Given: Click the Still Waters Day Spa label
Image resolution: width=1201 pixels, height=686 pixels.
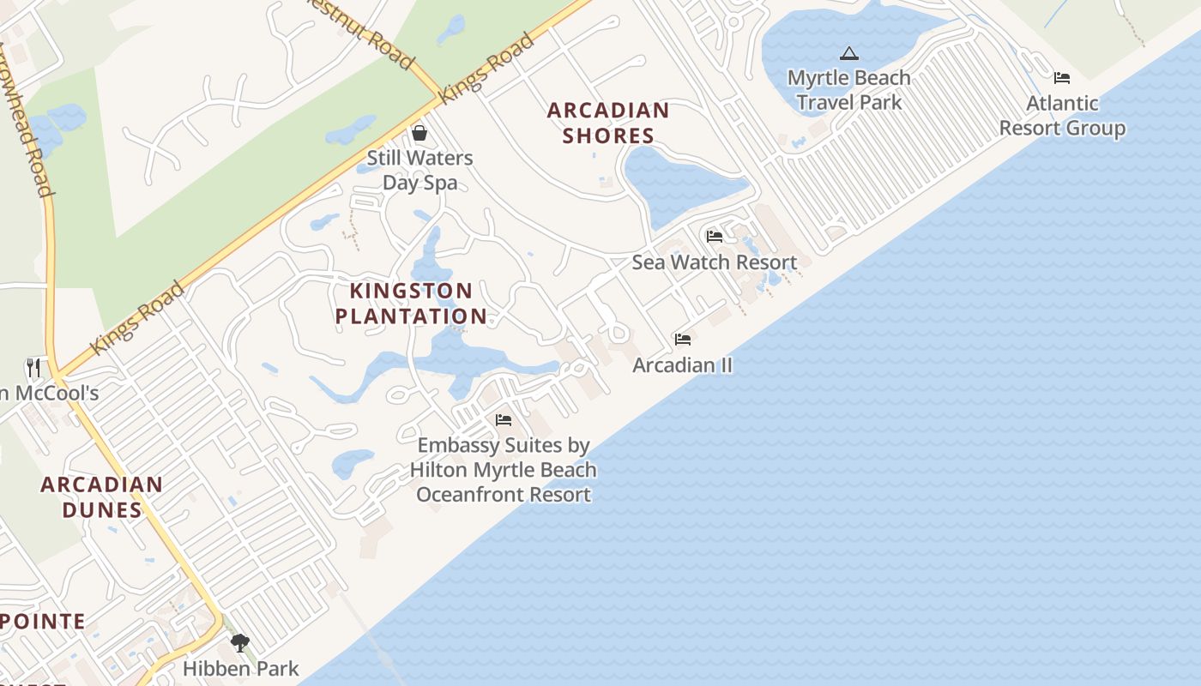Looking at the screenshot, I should (419, 170).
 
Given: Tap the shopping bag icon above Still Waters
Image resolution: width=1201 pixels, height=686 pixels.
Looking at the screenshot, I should (419, 133).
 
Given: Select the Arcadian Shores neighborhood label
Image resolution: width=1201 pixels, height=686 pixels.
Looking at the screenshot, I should (608, 123).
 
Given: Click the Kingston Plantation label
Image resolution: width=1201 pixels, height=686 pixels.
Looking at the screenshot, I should (411, 304).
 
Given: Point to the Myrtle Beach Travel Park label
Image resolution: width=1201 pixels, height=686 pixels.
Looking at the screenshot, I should (848, 90).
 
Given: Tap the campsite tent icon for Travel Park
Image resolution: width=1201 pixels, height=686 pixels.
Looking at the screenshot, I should (848, 54).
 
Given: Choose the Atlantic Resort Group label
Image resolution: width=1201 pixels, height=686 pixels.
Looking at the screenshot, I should (1062, 116).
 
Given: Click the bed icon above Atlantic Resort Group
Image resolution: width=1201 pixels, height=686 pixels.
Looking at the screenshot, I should (1062, 78).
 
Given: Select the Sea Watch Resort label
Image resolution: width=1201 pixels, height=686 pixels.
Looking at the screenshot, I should (715, 262).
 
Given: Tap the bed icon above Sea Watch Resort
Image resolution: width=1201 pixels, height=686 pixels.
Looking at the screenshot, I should (714, 237).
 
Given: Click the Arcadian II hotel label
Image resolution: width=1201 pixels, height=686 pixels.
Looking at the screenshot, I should (683, 365).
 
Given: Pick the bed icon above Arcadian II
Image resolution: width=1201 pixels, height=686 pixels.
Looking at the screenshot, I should (683, 340).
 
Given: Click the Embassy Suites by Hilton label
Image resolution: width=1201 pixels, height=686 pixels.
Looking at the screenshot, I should (504, 470).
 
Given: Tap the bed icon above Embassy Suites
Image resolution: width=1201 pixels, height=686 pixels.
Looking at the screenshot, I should (504, 420).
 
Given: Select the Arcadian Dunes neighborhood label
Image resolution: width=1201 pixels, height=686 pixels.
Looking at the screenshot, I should (101, 497).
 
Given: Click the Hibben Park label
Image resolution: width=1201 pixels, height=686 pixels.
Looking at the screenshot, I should (241, 669).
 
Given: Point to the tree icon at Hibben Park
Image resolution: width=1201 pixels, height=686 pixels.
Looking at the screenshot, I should (240, 642).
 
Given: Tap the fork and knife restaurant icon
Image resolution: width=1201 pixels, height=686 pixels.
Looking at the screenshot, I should (33, 368).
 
